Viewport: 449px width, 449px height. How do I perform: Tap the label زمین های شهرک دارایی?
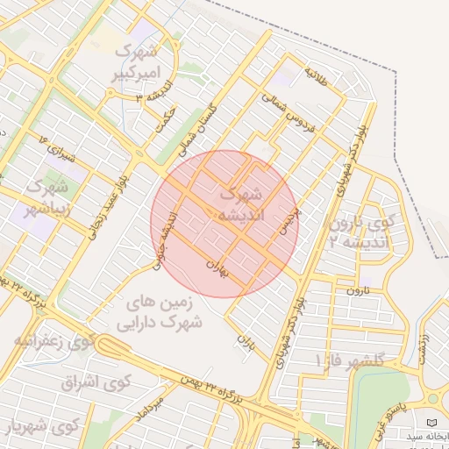point(164,311)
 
